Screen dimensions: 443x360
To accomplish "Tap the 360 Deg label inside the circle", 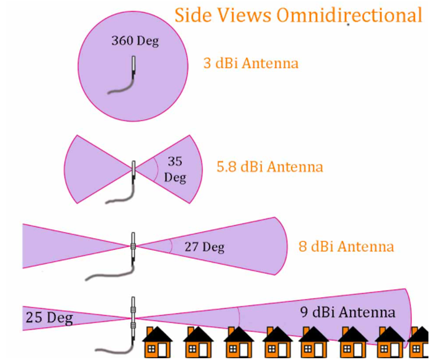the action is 135,42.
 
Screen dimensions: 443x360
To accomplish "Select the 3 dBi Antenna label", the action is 251,63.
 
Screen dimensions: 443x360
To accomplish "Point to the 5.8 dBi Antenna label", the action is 269,167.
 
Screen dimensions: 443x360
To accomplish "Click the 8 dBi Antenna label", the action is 346,246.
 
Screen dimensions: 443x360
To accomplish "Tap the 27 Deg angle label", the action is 204,247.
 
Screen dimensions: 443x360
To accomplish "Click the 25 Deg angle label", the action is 49,318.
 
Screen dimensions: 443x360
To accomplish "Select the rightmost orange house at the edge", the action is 420,343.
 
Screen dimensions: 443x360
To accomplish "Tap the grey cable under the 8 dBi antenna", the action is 109,274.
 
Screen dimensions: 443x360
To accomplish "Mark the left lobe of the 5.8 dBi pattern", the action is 93,168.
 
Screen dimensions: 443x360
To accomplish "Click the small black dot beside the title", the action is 348,25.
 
